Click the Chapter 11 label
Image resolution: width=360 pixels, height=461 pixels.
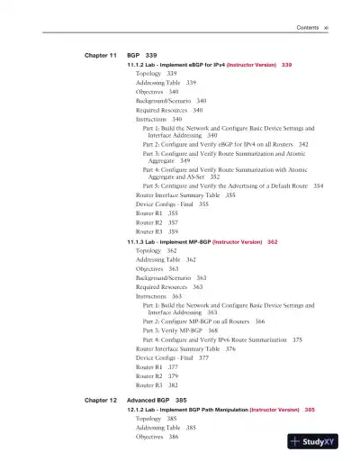[x=101, y=55]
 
